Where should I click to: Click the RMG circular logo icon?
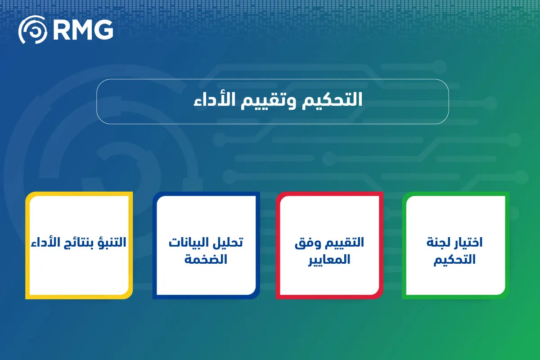pos(33,30)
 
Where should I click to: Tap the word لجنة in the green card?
pos(436,243)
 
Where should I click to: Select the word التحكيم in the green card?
pos(454,260)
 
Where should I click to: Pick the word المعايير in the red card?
pos(329,260)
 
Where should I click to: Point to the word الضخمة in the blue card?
pos(206,260)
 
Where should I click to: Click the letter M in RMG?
pos(82,30)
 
